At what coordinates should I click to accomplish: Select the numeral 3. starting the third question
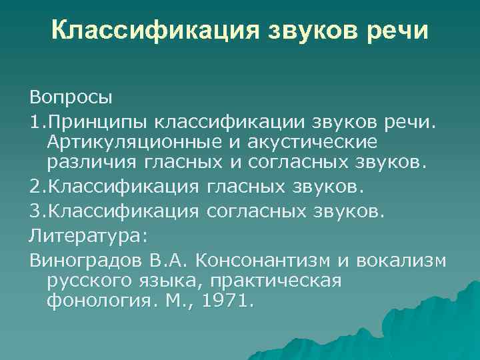pyautogui.click(x=35, y=211)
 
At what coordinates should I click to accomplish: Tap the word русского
pyautogui.click(x=89, y=281)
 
